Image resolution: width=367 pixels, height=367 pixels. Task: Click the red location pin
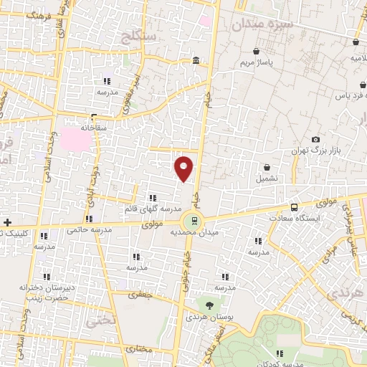click(x=184, y=168)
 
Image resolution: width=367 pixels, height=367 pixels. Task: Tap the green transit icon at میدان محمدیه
click(x=191, y=221)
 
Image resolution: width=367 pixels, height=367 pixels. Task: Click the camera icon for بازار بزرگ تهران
click(x=315, y=139)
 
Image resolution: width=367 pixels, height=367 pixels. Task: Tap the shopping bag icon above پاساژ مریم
click(x=257, y=52)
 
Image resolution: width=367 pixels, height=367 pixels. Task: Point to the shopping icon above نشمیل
click(x=267, y=167)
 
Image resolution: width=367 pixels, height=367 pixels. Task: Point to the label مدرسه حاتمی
click(x=90, y=230)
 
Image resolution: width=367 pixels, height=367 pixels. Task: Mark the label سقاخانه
click(x=94, y=126)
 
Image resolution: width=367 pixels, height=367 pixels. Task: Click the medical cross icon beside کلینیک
click(x=7, y=222)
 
